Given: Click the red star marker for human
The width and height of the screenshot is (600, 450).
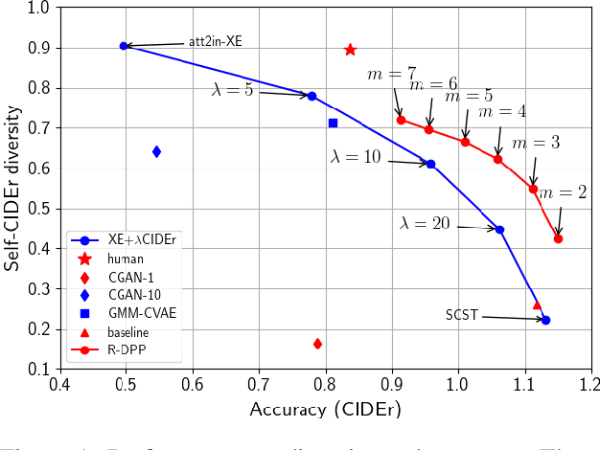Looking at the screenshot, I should point(350,50).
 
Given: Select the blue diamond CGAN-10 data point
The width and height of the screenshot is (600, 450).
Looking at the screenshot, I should point(156,151).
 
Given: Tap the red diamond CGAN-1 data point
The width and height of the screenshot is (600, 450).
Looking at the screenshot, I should point(317,344).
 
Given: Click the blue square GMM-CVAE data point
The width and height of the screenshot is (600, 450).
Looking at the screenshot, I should point(333,123).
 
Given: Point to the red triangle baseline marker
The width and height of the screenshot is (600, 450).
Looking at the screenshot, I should point(537,304).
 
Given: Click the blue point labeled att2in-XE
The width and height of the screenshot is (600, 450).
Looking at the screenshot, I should point(124,46).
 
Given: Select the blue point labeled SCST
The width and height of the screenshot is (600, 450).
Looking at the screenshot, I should point(545,320).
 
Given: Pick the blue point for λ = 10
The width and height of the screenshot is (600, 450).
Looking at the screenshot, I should point(430,164).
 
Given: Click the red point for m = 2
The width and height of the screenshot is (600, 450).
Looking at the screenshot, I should point(558,238).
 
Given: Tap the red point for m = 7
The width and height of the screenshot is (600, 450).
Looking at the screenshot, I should point(401,120).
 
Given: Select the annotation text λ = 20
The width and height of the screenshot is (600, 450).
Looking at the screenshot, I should point(425,223).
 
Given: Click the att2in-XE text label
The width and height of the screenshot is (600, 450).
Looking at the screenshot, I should point(215,43).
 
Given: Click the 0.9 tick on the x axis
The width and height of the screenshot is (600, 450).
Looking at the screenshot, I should point(393,385).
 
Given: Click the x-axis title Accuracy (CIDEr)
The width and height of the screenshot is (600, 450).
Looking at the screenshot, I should point(324,410).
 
